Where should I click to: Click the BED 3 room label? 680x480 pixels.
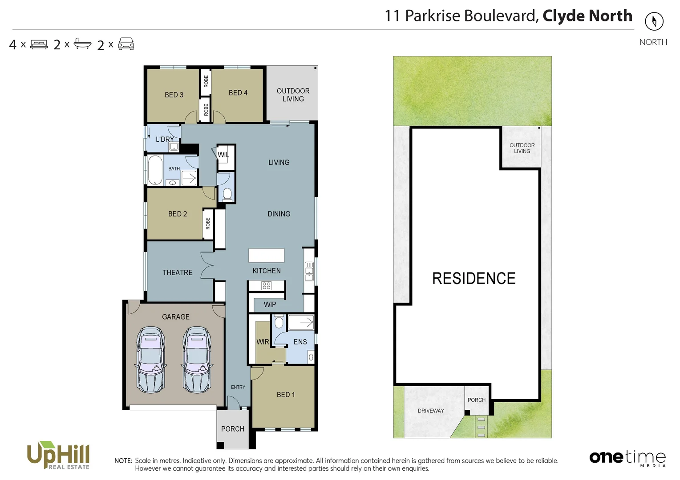[x=174, y=95]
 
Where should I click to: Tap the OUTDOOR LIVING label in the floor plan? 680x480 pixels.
[x=293, y=95]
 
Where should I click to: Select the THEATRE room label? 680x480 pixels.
[x=177, y=272]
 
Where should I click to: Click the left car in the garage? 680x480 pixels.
[x=151, y=360]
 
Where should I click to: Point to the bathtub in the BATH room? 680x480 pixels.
[x=155, y=170]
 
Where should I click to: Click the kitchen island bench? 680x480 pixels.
[x=266, y=256]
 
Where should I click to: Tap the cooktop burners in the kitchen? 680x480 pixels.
[x=266, y=286]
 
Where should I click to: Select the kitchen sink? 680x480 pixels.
[x=309, y=271]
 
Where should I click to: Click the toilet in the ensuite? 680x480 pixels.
[x=279, y=321]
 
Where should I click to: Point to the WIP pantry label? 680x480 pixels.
[x=270, y=304]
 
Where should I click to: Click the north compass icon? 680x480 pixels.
[x=654, y=21]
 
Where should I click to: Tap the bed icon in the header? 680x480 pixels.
[x=39, y=44]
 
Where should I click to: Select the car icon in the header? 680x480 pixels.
[x=126, y=44]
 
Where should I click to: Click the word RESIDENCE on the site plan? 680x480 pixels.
[x=474, y=279]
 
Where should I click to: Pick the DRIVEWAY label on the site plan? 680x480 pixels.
[x=431, y=411]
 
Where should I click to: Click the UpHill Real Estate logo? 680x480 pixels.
[x=58, y=455]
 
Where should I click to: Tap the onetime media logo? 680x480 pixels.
[x=627, y=458]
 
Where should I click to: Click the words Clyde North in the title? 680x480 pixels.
[x=587, y=16]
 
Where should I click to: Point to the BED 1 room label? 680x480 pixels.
[x=286, y=395]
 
